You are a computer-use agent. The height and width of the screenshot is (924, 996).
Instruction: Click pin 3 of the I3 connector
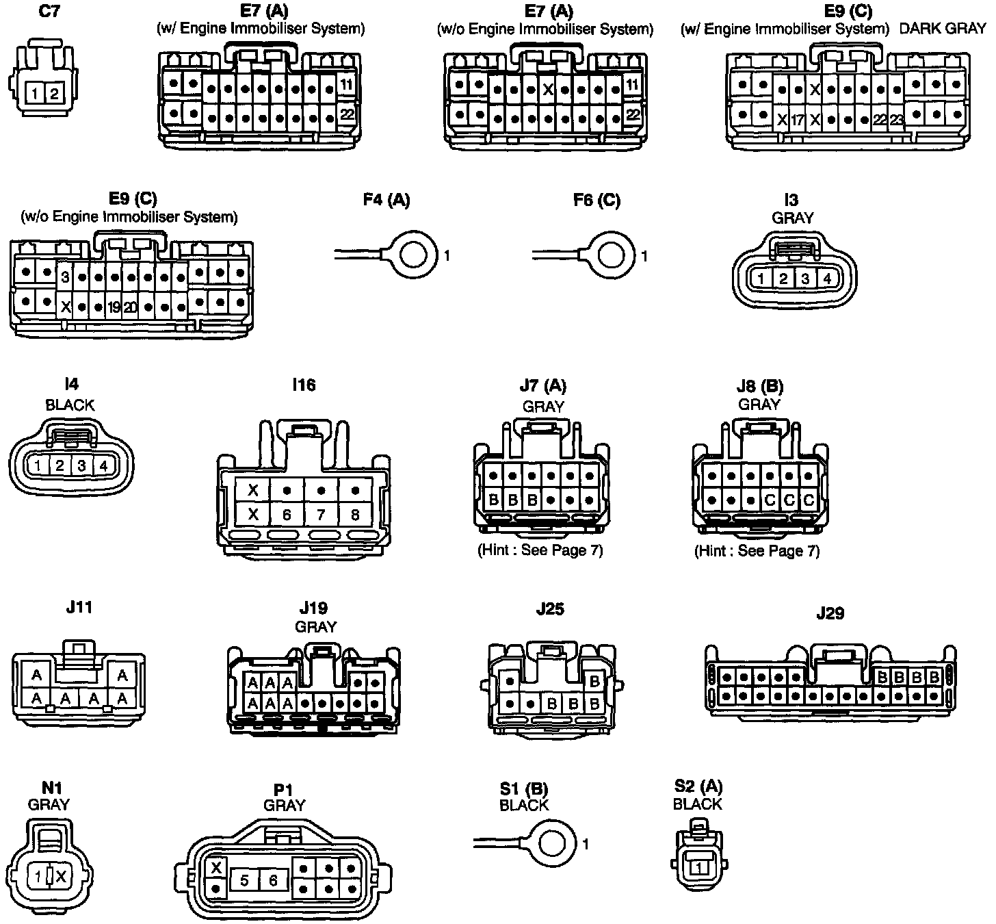click(x=806, y=279)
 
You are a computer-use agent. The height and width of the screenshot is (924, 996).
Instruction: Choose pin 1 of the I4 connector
click(x=38, y=466)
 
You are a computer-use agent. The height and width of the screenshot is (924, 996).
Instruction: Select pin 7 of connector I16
click(x=321, y=513)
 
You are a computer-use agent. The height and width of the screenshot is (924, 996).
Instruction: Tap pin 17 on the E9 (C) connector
click(x=798, y=120)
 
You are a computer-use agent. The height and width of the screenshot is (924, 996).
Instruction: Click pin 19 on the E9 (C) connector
click(x=114, y=307)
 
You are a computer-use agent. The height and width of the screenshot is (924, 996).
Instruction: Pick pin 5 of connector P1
click(x=244, y=881)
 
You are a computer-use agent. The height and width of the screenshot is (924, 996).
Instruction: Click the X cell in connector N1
click(x=61, y=875)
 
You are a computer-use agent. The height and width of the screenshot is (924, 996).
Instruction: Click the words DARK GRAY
click(x=943, y=29)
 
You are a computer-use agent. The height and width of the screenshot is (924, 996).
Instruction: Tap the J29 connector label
click(x=830, y=613)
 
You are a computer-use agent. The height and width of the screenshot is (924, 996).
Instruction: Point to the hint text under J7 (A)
click(x=540, y=550)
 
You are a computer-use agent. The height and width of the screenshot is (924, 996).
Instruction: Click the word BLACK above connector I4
click(x=70, y=405)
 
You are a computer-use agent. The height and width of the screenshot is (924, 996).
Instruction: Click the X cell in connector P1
click(x=217, y=867)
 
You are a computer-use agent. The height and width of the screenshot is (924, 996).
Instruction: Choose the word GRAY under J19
click(x=315, y=626)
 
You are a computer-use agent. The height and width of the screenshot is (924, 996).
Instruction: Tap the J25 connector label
click(x=550, y=609)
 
